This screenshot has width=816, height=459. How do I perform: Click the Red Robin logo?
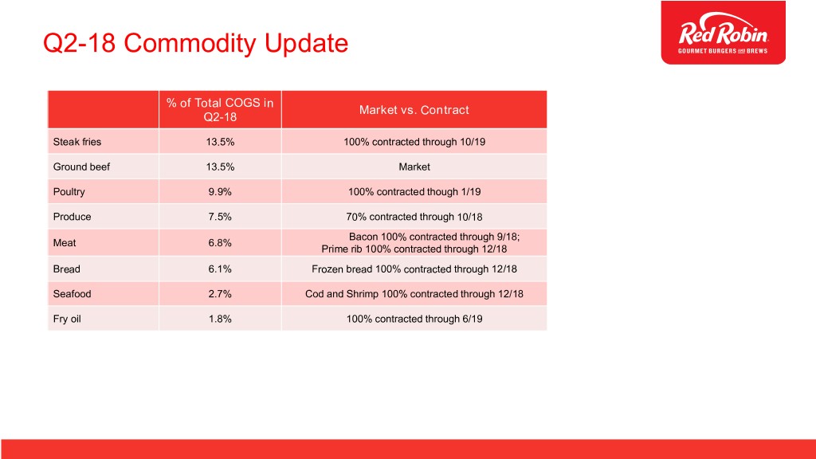click(x=724, y=33)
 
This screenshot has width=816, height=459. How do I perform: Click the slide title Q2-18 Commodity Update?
click(x=196, y=43)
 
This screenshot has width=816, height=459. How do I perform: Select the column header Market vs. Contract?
click(x=414, y=110)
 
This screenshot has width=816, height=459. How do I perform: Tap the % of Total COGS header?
click(x=220, y=110)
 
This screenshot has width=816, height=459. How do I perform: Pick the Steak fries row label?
click(x=77, y=142)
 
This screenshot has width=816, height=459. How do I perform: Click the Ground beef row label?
click(x=82, y=167)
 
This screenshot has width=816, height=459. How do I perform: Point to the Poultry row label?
click(x=69, y=191)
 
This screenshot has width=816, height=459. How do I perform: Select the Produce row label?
click(x=72, y=217)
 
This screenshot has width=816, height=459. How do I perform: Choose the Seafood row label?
click(x=72, y=293)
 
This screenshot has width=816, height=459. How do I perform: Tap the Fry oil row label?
click(x=67, y=319)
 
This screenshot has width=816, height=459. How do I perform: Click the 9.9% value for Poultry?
click(x=220, y=191)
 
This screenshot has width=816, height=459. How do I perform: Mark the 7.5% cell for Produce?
click(x=220, y=217)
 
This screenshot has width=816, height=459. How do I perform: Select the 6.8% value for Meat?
click(x=220, y=242)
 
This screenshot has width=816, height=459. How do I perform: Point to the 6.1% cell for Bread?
click(x=220, y=269)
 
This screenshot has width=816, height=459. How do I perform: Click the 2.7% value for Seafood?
click(x=220, y=293)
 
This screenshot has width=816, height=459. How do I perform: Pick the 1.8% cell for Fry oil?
click(x=220, y=319)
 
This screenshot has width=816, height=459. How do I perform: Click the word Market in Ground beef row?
click(x=414, y=167)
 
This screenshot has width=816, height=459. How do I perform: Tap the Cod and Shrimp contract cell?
click(x=414, y=293)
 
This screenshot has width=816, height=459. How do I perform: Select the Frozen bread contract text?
click(x=414, y=269)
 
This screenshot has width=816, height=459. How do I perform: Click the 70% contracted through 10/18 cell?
click(x=414, y=217)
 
